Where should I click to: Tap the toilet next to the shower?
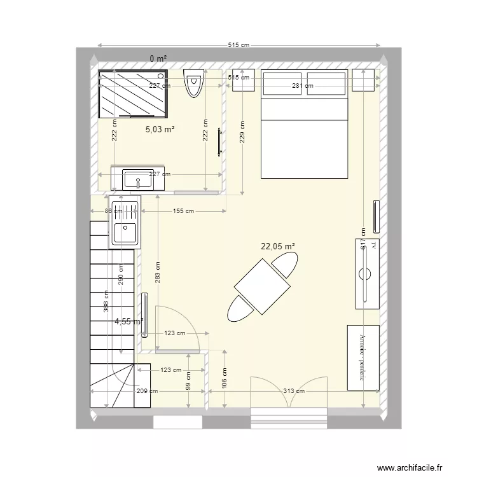tap(193, 84)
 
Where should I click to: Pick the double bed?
tap(305, 124)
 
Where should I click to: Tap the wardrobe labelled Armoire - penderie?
tap(363, 357)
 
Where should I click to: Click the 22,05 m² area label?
tap(278, 245)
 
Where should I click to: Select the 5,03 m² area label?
tap(160, 129)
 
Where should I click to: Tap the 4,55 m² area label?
tap(128, 322)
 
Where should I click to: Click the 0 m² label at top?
tap(158, 59)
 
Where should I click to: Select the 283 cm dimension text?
tap(158, 273)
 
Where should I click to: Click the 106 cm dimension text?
tap(225, 378)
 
